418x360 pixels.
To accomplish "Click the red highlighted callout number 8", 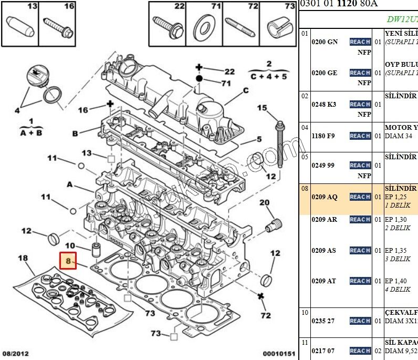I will [68, 261].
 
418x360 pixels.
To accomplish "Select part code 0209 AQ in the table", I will [325, 197].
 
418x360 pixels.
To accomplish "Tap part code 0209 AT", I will [323, 281].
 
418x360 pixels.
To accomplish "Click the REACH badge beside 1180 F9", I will [360, 136].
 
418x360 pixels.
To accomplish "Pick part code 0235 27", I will [323, 321].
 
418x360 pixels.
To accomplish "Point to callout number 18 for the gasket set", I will [23, 258].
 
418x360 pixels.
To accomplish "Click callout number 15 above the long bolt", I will [262, 108].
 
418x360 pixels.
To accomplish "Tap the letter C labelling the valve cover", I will [245, 90].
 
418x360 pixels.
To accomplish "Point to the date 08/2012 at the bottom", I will [15, 354].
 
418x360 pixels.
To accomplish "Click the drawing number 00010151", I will [278, 354].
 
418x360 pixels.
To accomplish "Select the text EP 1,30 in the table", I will [395, 220].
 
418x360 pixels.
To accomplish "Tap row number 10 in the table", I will [305, 312].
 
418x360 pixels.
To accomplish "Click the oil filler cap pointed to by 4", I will [35, 77].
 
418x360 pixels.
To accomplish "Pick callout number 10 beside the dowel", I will [70, 246].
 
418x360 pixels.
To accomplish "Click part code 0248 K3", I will [323, 105].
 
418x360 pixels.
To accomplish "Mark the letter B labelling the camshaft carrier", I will [75, 133].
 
